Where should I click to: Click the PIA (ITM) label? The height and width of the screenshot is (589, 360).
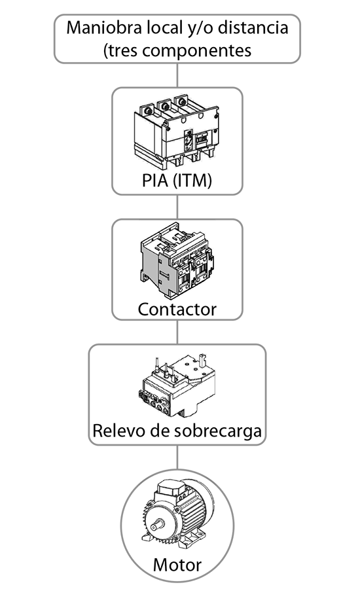(177, 180)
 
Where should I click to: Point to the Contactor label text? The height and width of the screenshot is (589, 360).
(177, 309)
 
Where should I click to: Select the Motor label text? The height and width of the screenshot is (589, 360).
(177, 565)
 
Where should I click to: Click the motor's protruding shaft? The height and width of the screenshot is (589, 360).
(157, 526)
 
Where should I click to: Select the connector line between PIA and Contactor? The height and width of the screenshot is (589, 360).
(177, 207)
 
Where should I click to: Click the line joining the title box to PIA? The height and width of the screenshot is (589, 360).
(177, 75)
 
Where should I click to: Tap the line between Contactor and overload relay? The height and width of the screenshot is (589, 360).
(177, 332)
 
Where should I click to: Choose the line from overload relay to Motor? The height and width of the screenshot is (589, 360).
(177, 457)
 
